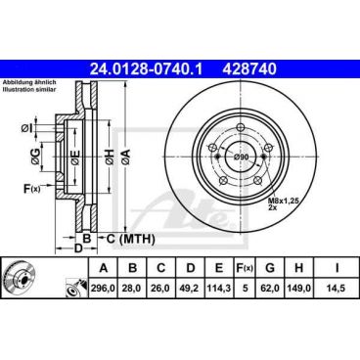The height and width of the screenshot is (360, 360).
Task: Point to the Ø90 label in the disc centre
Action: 242,157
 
